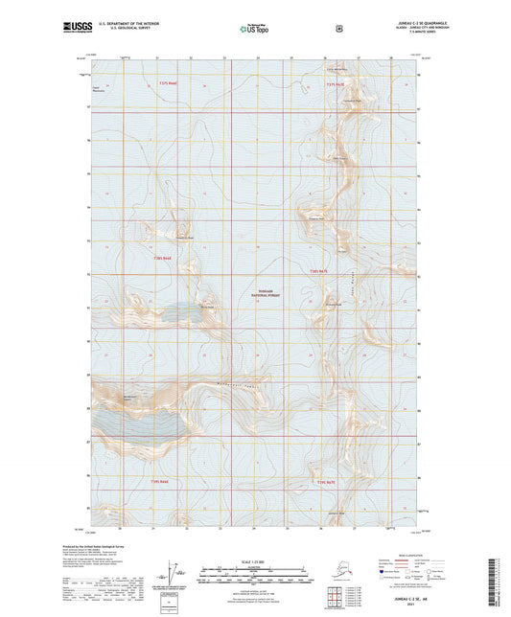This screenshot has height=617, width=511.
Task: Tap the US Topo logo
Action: coord(252,30)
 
